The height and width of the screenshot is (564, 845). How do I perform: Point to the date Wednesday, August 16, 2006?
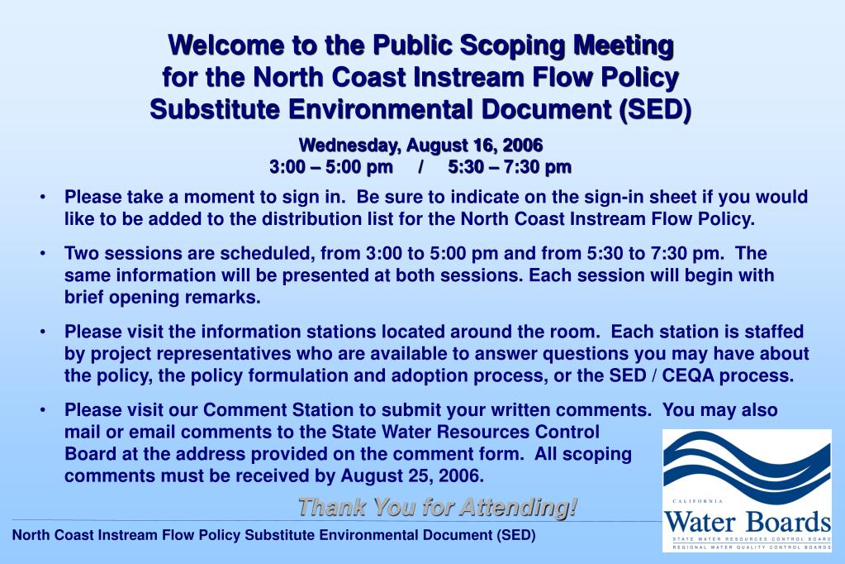point(420,146)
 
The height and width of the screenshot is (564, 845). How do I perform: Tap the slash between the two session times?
point(421,167)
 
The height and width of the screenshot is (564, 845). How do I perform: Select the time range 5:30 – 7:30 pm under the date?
point(510,167)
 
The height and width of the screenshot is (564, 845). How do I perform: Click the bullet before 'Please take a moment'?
point(42,198)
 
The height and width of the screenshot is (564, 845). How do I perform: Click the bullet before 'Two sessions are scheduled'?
point(42,254)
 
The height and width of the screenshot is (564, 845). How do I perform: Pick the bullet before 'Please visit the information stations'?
point(42,332)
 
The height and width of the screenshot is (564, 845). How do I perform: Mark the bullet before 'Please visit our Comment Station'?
point(42,411)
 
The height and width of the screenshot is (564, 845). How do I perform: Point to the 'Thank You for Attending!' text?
point(437,506)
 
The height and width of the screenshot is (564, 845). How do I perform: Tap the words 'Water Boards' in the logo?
point(748,523)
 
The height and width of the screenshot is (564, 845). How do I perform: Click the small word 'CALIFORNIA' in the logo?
point(698,502)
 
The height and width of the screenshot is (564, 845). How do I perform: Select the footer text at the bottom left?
point(273,535)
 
